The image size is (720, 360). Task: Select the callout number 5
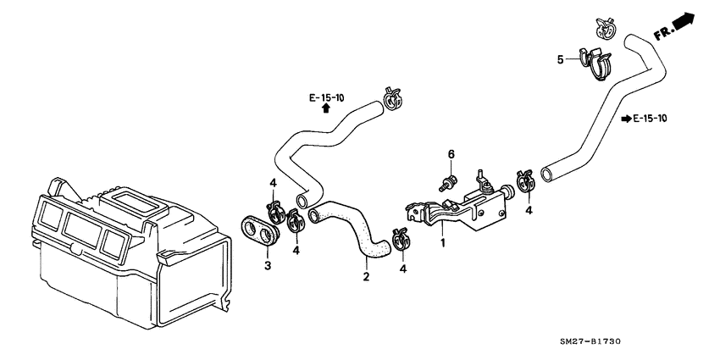point(560,59)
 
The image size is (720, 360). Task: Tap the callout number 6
point(451,154)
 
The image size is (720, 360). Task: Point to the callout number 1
point(441,242)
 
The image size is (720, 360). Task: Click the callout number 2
point(366,275)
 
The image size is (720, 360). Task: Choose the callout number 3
point(268,266)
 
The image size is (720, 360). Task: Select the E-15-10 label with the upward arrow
point(326,97)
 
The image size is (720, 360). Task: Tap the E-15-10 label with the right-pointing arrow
point(649,119)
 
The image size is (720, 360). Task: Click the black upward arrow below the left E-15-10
point(326,110)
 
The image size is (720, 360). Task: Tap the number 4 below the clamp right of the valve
point(529,210)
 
